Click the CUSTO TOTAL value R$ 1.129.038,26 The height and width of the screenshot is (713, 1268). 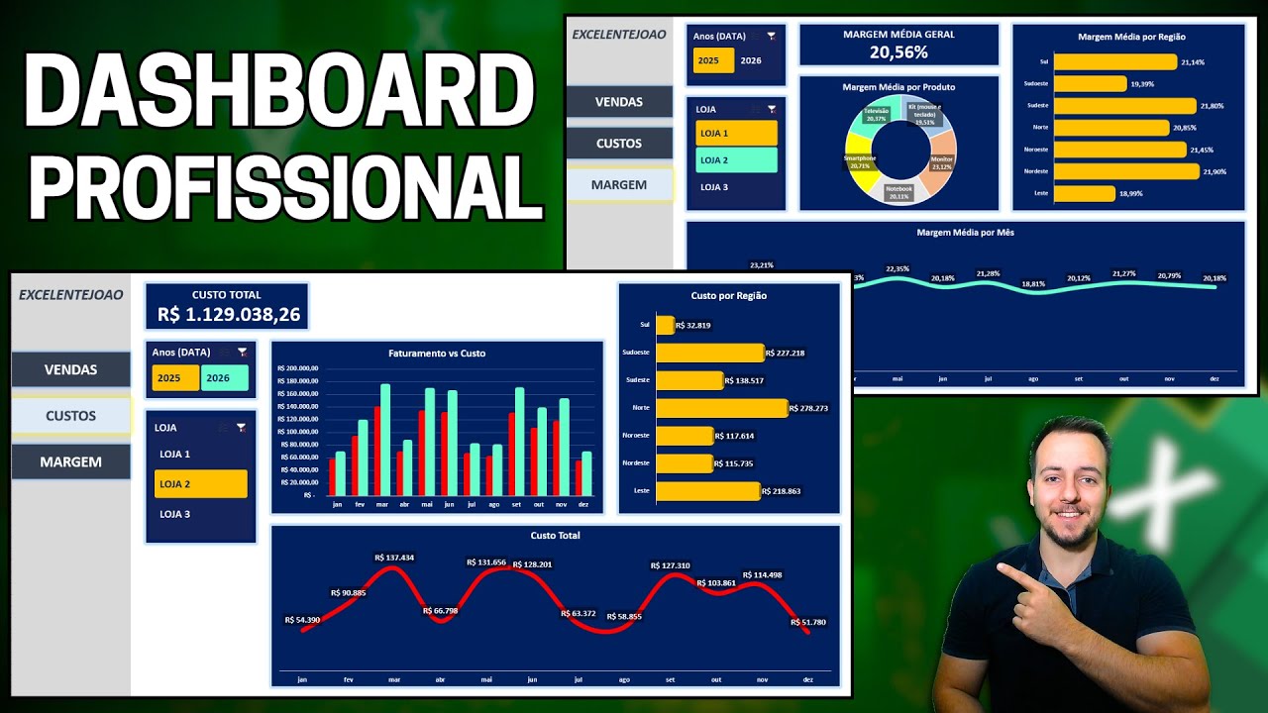229,315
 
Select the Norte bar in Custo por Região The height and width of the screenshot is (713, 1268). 721,407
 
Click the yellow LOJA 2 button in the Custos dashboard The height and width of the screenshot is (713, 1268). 201,484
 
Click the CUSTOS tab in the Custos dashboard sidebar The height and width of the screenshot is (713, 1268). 71,416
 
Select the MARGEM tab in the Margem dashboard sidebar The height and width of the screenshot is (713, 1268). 619,185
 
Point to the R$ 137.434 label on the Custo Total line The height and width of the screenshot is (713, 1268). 394,558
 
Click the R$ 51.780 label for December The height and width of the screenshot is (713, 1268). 808,622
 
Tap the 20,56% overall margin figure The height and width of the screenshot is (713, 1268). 898,52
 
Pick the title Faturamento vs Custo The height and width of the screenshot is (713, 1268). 437,354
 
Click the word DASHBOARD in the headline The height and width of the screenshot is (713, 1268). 278,91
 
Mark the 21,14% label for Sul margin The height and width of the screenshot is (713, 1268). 1193,62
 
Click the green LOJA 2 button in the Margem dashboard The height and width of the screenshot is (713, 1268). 736,160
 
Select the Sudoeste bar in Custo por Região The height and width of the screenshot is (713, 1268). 709,353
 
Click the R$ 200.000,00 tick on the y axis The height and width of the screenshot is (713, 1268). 298,368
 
